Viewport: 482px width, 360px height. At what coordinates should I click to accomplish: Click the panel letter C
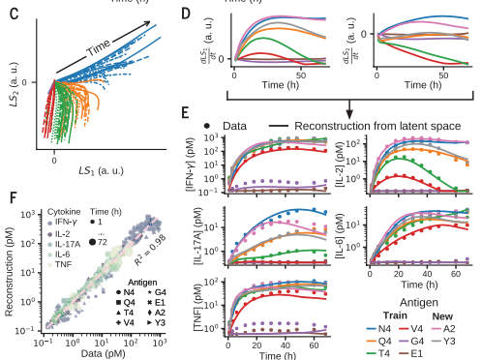pos(15,14)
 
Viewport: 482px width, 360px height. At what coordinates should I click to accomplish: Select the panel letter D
pos(186,14)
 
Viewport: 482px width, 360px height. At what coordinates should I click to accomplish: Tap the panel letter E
pos(185,113)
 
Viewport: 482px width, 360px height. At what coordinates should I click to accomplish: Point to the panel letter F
pos(14,197)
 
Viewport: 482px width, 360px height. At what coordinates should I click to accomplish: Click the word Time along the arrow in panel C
pos(99,47)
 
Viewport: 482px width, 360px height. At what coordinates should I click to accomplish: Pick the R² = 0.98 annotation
pos(150,250)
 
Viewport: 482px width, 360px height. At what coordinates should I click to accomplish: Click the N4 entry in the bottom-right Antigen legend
pos(378,329)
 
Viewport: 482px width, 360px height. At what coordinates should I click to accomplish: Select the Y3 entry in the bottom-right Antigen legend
pos(443,341)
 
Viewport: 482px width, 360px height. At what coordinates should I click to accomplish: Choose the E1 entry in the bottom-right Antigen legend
pos(411,353)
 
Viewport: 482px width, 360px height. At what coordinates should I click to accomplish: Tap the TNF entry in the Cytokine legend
pos(59,264)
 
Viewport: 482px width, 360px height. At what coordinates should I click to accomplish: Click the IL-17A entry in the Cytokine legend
pos(64,244)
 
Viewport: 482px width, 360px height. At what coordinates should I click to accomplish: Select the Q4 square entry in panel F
pos(126,303)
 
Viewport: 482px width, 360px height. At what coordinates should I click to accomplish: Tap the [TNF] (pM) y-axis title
pos(198,308)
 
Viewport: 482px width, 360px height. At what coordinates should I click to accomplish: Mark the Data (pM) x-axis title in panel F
pos(103,353)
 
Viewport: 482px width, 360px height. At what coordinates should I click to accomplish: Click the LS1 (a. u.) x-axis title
pos(102,170)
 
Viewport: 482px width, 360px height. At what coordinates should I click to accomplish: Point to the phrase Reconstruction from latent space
pos(377,126)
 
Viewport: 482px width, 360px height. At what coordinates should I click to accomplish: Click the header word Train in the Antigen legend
pos(395,315)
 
